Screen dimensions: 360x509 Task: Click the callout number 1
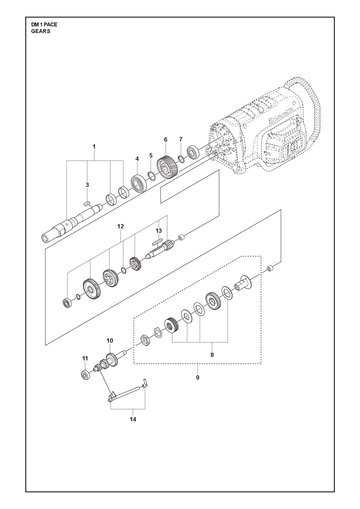94,146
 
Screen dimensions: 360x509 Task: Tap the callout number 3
87,185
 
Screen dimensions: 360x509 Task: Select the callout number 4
137,159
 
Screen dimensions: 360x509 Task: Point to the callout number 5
151,155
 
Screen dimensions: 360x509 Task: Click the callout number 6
165,139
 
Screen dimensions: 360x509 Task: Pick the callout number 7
181,139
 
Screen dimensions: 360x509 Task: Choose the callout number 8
212,355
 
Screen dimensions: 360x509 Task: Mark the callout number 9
197,378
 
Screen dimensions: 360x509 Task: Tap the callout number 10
110,341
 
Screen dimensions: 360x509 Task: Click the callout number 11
85,358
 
